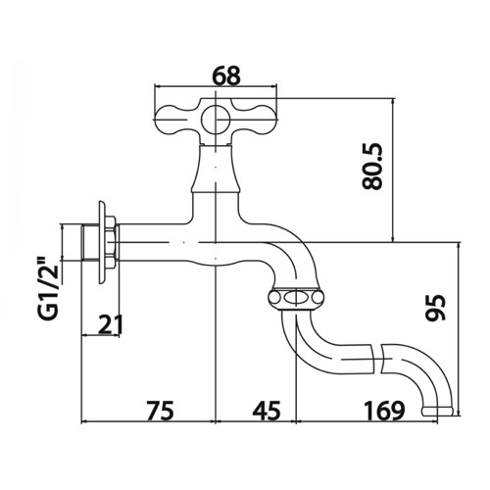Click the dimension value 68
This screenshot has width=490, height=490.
point(225,75)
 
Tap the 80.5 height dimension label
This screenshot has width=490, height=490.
point(372,167)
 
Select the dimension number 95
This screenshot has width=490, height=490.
point(436,308)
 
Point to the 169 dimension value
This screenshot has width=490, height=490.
point(384,411)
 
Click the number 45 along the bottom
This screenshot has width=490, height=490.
point(267,411)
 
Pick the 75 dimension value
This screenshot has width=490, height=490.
point(160,411)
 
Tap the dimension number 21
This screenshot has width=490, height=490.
point(111,324)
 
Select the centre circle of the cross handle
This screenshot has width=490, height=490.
point(216,119)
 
